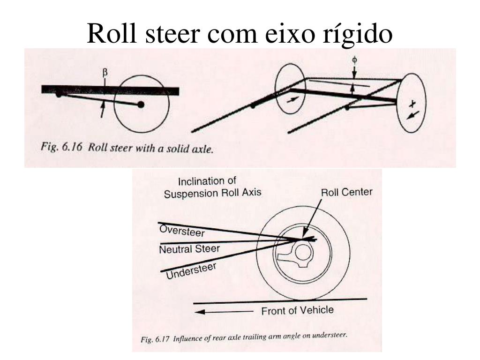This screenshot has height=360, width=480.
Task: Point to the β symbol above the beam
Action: tap(105, 73)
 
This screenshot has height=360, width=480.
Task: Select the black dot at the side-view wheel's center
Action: tap(141, 105)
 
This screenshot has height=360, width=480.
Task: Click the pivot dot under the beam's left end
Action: tap(59, 95)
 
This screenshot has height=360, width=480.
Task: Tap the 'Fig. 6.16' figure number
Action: tap(61, 147)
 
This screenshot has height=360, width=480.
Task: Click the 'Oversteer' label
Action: tap(182, 231)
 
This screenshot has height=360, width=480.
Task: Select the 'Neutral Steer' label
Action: tap(189, 249)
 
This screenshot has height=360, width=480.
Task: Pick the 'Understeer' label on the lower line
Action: tap(191, 271)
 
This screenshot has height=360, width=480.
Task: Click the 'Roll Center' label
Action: tap(346, 192)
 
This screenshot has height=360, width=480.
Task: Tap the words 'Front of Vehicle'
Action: tap(297, 311)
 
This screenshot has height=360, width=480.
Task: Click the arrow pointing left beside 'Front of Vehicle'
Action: tap(224, 312)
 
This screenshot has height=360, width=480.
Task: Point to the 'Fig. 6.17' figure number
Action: tap(155, 339)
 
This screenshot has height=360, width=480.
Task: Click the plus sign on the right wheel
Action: tap(412, 104)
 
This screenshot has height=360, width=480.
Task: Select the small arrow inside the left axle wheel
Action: tap(292, 99)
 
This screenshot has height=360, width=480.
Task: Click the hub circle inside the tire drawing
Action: tap(303, 254)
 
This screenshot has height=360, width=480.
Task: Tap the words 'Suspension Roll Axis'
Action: tap(212, 193)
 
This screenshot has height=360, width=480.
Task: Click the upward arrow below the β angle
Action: tap(103, 110)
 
